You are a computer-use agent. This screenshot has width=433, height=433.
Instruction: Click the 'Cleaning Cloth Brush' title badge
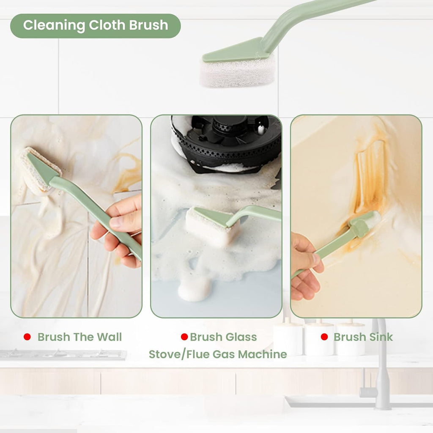95,26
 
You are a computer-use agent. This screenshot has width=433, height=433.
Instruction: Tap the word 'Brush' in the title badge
148,26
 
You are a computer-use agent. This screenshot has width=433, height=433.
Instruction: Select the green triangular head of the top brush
237,51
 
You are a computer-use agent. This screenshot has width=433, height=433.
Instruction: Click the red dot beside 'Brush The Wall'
27,337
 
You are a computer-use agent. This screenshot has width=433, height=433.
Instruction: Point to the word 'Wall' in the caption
109,337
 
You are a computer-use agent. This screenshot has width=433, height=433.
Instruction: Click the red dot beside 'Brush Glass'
184,337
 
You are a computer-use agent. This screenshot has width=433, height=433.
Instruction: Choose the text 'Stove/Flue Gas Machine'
217,354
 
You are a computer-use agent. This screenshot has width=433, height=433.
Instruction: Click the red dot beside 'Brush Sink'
324,337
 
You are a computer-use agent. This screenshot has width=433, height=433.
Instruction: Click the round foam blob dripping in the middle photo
195,290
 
